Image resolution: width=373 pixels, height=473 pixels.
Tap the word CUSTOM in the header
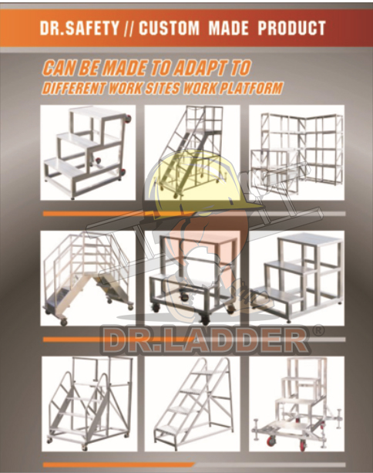pyautogui.click(x=169, y=28)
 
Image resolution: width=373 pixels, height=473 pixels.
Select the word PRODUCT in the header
pyautogui.click(x=291, y=28)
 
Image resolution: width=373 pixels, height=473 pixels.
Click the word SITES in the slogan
pyautogui.click(x=162, y=88)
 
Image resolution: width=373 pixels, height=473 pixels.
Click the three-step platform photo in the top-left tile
pyautogui.click(x=88, y=153)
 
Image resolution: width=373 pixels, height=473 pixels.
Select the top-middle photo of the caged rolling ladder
pyautogui.click(x=192, y=153)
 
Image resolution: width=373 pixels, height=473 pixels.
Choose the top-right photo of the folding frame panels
pyautogui.click(x=297, y=153)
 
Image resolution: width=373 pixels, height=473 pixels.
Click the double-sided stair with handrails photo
pyautogui.click(x=88, y=278)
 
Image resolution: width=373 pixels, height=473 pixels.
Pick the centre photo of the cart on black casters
pyautogui.click(x=192, y=278)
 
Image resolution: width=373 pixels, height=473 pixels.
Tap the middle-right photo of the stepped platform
pyautogui.click(x=297, y=278)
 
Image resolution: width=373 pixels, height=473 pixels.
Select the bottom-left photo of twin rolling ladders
pyautogui.click(x=89, y=404)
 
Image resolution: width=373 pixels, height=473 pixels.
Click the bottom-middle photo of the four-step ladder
pyautogui.click(x=192, y=404)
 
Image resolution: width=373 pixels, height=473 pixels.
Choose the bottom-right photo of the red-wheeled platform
pyautogui.click(x=297, y=404)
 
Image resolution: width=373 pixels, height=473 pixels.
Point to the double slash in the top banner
pyautogui.click(x=129, y=29)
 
